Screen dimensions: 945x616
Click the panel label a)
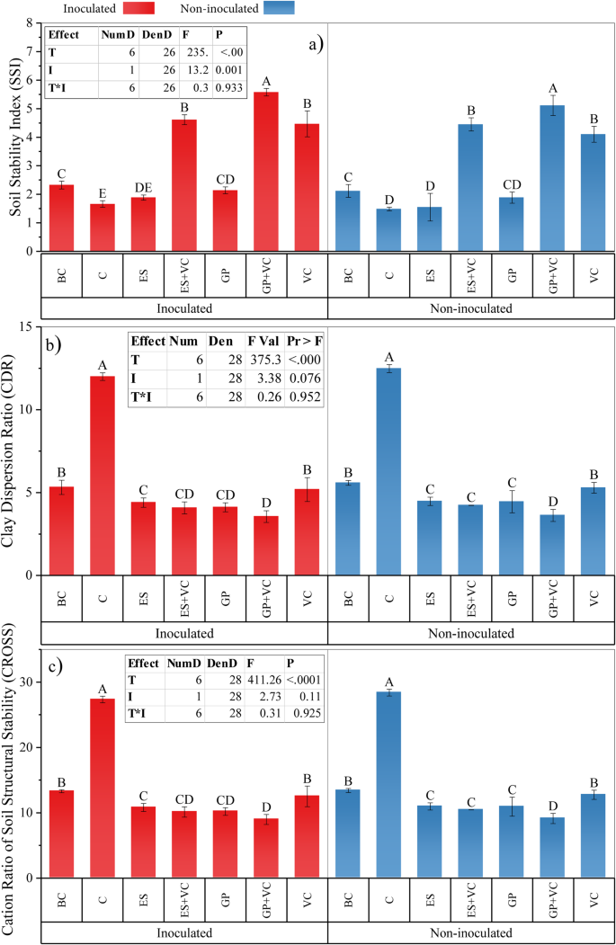(312, 42)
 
